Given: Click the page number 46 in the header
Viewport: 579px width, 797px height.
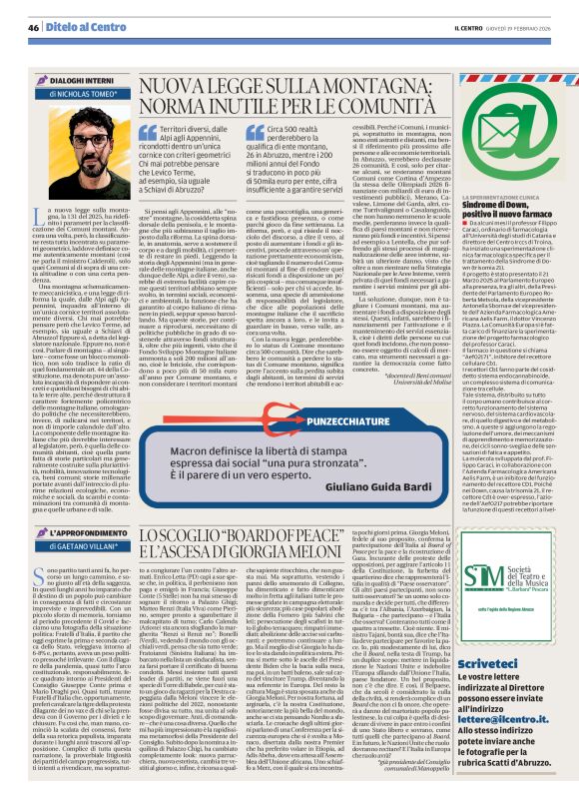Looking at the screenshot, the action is pos(32,26).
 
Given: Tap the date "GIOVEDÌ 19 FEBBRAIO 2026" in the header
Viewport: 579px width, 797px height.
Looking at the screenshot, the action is pos(519,26).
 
